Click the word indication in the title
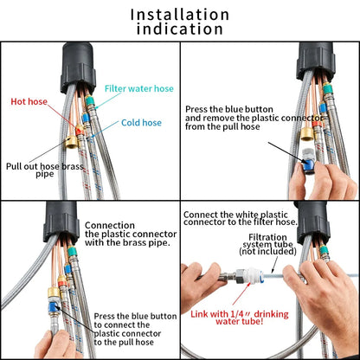tap(180, 29)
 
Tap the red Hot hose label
tap(30, 101)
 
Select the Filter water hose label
tap(139, 88)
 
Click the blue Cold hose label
tap(141, 123)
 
